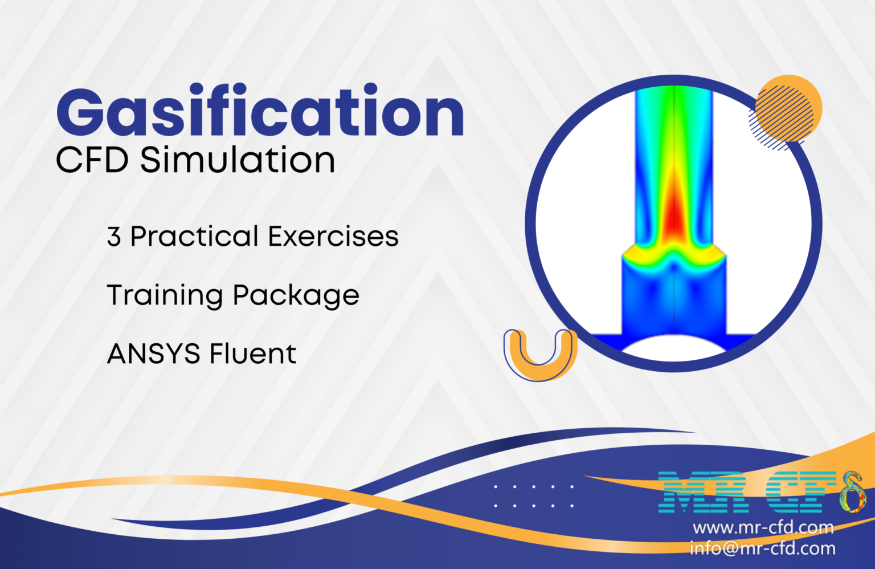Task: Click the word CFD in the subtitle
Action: [x=92, y=160]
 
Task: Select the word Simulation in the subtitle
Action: [x=238, y=160]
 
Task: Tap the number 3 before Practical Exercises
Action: [x=114, y=237]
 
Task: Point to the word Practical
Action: [x=194, y=237]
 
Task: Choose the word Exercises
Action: [x=333, y=237]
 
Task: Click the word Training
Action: [x=165, y=296]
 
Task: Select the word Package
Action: [x=296, y=296]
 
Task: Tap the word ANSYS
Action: [x=153, y=354]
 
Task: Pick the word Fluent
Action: [x=253, y=354]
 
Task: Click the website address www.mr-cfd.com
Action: [x=763, y=527]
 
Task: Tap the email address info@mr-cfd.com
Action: [x=763, y=548]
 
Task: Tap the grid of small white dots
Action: [x=534, y=496]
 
